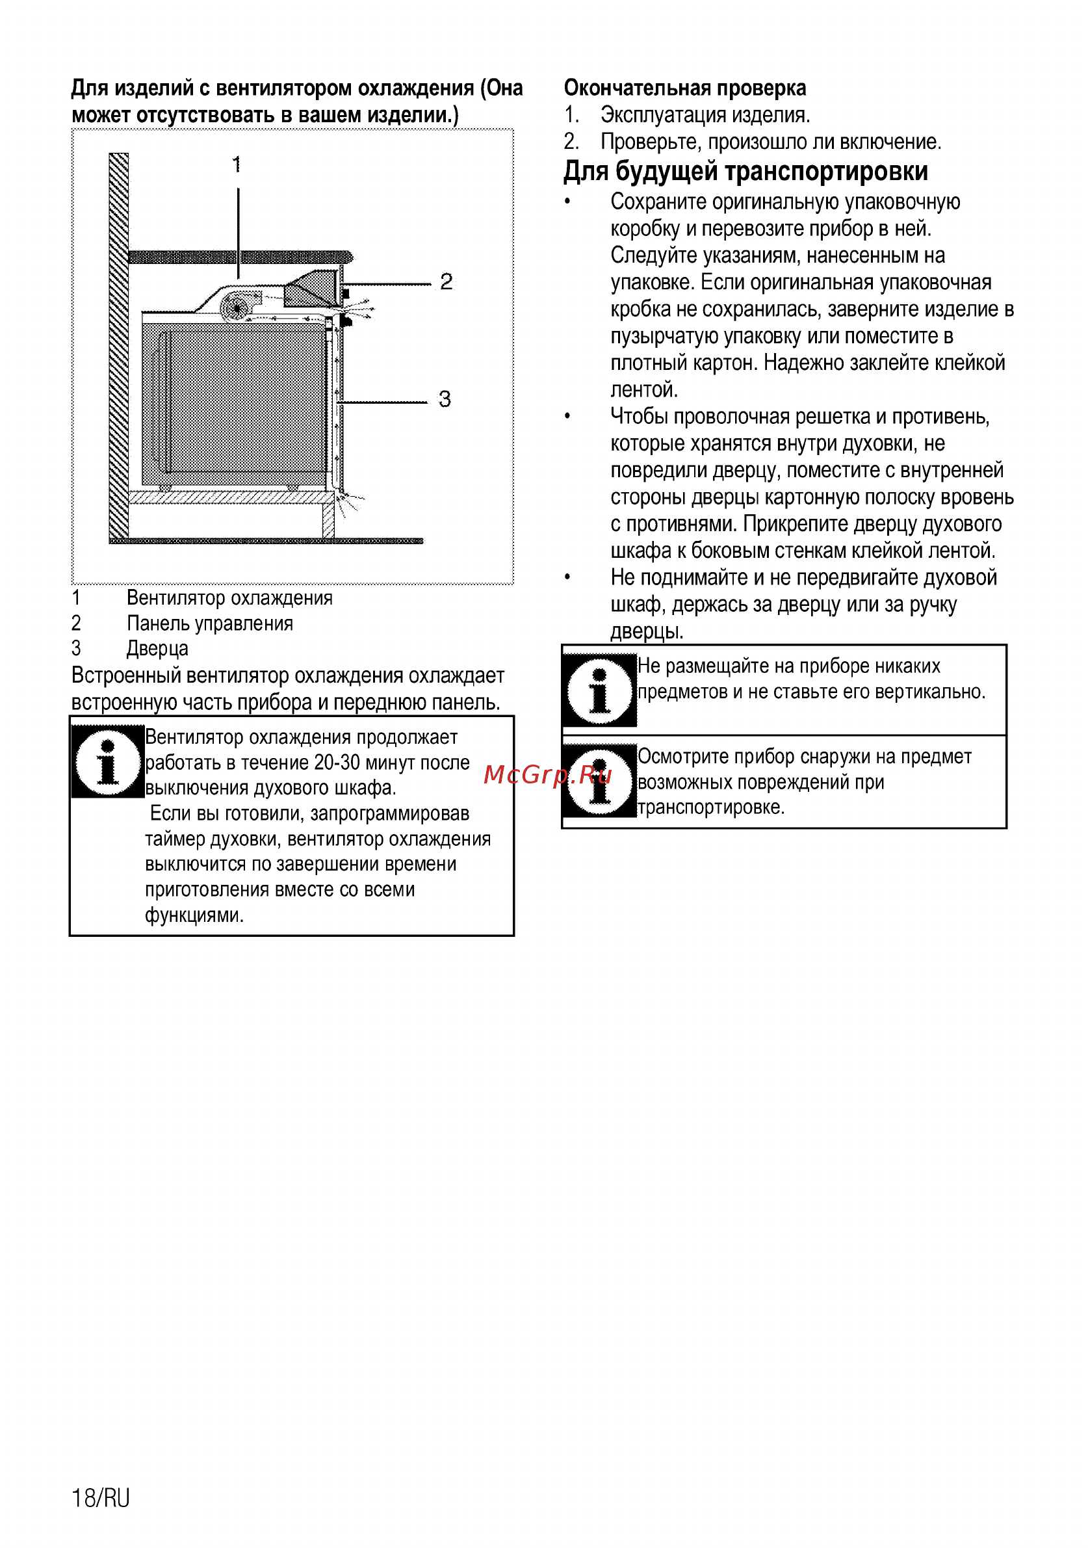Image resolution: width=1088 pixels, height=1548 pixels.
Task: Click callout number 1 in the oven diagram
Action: click(x=237, y=164)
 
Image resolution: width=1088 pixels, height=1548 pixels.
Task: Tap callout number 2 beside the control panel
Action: click(x=447, y=281)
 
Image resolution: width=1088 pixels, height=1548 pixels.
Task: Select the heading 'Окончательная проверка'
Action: click(x=685, y=88)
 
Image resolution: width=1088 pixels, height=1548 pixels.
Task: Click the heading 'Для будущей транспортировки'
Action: click(x=745, y=171)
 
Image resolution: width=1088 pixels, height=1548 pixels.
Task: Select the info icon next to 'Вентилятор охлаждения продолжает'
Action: click(x=108, y=762)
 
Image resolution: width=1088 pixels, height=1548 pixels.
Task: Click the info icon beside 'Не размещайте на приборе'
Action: click(x=599, y=690)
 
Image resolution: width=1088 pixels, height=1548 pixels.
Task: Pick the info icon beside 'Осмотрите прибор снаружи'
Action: click(x=599, y=781)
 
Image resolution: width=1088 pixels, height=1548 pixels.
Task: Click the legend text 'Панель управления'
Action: click(x=210, y=623)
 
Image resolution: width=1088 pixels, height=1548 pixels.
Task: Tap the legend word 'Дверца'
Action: click(x=158, y=649)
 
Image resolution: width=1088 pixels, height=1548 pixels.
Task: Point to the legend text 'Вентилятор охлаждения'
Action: click(x=229, y=598)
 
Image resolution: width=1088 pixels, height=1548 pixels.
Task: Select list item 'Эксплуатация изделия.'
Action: click(x=705, y=114)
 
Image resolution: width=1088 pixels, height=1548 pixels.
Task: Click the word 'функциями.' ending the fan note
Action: click(x=194, y=915)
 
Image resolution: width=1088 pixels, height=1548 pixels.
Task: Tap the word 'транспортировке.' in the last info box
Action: click(x=711, y=807)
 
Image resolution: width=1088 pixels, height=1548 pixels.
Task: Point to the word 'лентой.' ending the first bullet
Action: click(x=644, y=389)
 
